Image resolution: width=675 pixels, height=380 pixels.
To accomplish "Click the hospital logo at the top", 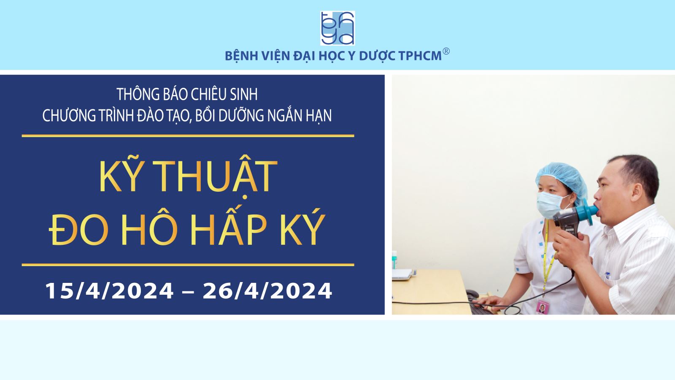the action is [337, 28].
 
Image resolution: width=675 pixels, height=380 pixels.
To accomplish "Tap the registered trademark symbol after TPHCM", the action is [446, 51].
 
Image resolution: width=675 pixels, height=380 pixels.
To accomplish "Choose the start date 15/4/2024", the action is [110, 291].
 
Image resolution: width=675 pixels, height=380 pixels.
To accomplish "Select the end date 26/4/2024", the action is [267, 291].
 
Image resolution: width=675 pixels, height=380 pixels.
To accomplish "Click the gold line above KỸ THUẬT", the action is [188, 136].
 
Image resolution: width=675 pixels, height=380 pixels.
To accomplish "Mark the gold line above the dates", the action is [188, 265].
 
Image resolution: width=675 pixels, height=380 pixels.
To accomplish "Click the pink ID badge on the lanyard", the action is [542, 307].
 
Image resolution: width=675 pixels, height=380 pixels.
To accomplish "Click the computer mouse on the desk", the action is [472, 293].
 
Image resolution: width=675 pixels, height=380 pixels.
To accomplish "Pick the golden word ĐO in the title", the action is [79, 229].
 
